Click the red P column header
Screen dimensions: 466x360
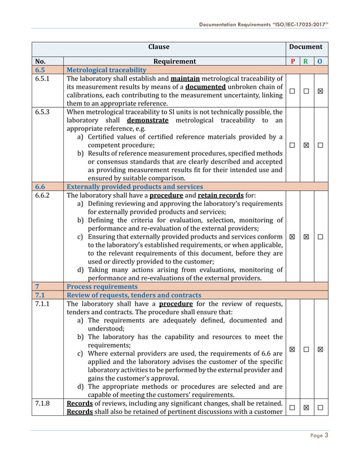(x=292, y=61)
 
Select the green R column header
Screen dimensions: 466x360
(x=306, y=61)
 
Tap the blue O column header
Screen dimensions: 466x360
(x=320, y=61)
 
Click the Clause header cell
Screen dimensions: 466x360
(x=159, y=47)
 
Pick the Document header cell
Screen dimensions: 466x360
(x=306, y=47)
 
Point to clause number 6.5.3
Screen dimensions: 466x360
(x=43, y=112)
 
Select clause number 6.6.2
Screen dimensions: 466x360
(x=43, y=195)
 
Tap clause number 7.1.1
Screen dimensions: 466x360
(x=43, y=304)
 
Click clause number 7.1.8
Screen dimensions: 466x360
(x=43, y=403)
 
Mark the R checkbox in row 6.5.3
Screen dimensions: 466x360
(x=306, y=145)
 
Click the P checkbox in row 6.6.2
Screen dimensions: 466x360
(x=292, y=237)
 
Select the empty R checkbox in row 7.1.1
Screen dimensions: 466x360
(x=306, y=349)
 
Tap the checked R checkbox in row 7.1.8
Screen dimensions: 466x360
(x=306, y=407)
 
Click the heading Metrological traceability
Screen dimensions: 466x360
(x=107, y=70)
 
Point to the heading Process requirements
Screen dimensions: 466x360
(x=99, y=287)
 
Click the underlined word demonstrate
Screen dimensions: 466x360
(x=147, y=120)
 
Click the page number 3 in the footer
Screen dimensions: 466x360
(x=326, y=435)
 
